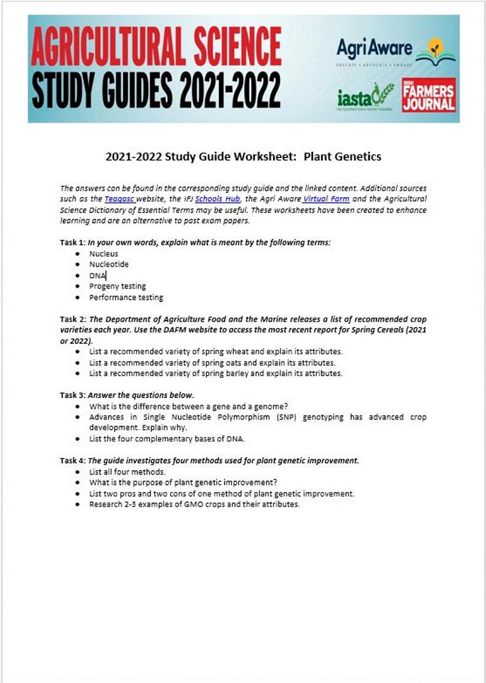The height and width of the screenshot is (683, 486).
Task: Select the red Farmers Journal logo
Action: (x=428, y=95)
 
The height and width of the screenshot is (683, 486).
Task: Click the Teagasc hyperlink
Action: (x=120, y=199)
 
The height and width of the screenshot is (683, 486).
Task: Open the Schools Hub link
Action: (x=217, y=199)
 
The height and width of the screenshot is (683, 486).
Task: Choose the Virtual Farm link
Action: (x=326, y=199)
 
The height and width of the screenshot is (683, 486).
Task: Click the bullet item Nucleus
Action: (x=103, y=254)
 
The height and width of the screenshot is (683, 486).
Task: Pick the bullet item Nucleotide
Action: (x=109, y=265)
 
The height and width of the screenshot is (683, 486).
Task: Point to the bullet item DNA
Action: (x=97, y=276)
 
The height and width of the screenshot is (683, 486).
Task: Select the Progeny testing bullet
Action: (x=118, y=286)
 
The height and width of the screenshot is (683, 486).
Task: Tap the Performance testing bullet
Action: (x=126, y=297)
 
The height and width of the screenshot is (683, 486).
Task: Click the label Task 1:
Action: (x=73, y=242)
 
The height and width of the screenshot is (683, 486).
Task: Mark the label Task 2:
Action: (x=73, y=319)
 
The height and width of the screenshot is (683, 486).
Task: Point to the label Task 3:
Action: (x=73, y=394)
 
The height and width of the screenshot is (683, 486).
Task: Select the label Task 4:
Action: (x=73, y=460)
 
